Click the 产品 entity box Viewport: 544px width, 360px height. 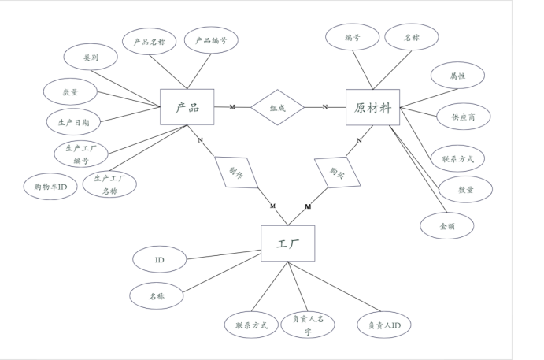pos(187,106)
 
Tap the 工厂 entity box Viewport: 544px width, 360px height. pos(287,243)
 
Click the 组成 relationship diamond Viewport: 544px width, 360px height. pos(277,107)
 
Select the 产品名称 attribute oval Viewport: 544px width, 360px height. pos(150,40)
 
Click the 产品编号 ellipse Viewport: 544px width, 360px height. pos(211,39)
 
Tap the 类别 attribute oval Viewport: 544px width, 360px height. pos(91,58)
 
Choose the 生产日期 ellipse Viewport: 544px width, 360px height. pos(72,122)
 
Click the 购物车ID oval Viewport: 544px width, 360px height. pos(50,187)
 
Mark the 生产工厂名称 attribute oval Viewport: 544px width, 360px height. pos(109,184)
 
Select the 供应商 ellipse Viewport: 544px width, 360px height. pos(464,116)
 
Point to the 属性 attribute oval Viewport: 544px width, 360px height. pos(457,76)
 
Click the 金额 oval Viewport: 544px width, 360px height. pos(446,225)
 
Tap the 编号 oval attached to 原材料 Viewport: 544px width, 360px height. pos(352,37)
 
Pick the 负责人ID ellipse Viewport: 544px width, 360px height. pos(383,325)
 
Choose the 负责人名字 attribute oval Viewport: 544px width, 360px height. pos(308,325)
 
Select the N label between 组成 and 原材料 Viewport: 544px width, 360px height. pos(325,106)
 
